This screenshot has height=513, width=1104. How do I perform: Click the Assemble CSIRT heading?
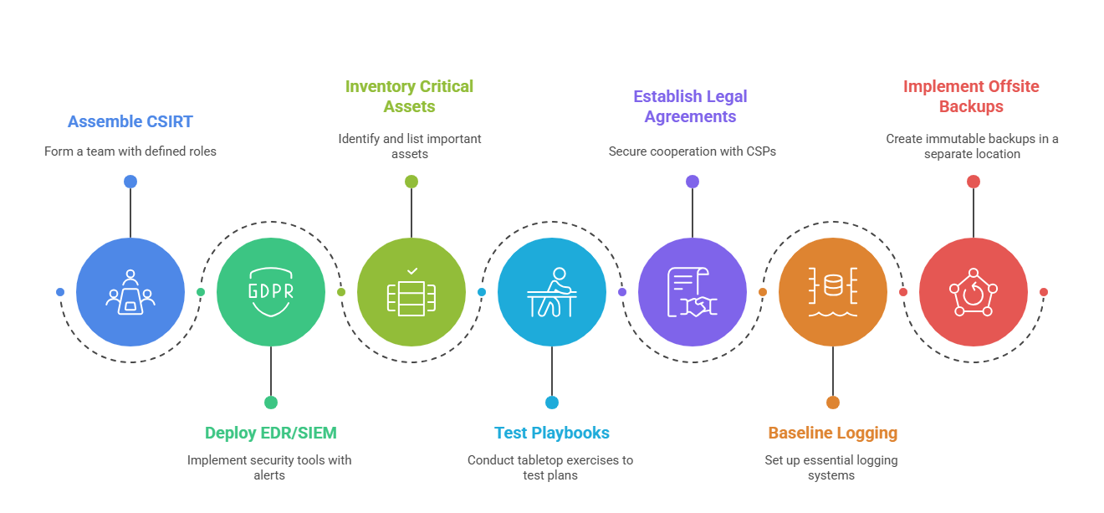(x=130, y=121)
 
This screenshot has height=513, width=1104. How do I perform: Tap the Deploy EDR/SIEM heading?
(x=271, y=433)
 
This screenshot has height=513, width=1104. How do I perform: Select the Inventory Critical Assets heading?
(x=410, y=96)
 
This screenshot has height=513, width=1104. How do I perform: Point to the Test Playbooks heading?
(x=552, y=433)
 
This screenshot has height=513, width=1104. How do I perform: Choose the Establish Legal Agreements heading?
(x=691, y=106)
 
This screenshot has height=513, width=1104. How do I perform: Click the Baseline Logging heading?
(x=833, y=433)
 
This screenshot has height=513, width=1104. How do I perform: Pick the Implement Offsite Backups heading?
(x=972, y=96)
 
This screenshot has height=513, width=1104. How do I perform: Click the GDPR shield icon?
(x=271, y=292)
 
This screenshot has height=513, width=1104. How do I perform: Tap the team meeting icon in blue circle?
(x=130, y=292)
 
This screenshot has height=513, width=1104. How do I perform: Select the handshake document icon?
(x=691, y=292)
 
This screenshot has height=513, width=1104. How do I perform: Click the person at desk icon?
(x=552, y=292)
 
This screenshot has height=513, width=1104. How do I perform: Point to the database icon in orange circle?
(x=833, y=292)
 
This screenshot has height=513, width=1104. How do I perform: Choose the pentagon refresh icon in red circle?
(x=973, y=292)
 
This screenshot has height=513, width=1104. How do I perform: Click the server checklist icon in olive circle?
(x=411, y=292)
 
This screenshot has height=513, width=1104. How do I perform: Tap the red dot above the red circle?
(x=974, y=182)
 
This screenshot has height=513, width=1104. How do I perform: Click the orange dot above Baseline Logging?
(x=833, y=403)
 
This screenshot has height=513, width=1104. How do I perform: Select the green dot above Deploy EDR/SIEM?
(x=271, y=403)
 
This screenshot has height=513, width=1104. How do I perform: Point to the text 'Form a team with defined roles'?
(x=130, y=151)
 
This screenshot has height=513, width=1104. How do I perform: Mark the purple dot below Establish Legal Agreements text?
(x=693, y=182)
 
